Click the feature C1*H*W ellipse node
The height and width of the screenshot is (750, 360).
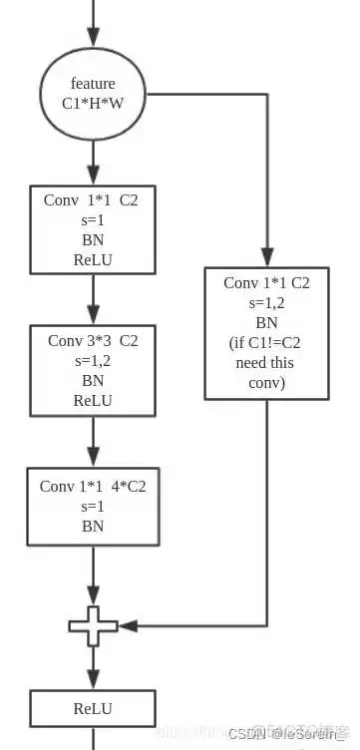tap(93, 93)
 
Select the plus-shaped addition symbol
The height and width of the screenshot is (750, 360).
tap(93, 625)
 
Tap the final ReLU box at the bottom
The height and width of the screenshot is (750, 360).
tap(93, 708)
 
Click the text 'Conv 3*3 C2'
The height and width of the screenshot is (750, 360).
tap(93, 341)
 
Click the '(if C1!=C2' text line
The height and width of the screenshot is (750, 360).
tap(265, 342)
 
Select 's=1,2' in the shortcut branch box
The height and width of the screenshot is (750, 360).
tap(265, 302)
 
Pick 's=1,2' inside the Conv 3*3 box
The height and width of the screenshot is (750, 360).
tap(93, 361)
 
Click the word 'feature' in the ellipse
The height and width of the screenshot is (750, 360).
tap(93, 83)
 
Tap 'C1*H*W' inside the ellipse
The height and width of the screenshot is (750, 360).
tap(93, 102)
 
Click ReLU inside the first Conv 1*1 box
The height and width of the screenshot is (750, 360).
tap(93, 259)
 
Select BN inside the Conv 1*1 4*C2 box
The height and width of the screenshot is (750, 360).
tap(93, 526)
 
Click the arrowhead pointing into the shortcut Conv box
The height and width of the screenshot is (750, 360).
tap(266, 256)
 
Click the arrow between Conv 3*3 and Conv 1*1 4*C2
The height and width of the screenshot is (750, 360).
tap(93, 440)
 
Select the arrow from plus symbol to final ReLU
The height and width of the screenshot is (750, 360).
tap(93, 666)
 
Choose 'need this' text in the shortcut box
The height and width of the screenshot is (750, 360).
tap(265, 362)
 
